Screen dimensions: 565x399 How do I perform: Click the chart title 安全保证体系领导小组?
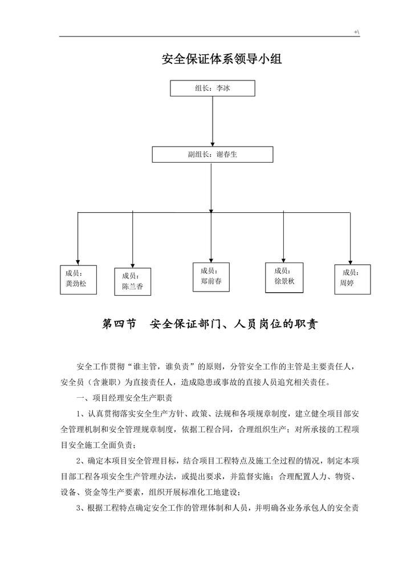pyautogui.click(x=222, y=59)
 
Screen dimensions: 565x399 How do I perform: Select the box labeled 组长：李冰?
pyautogui.click(x=212, y=88)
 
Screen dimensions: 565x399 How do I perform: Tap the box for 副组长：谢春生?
pyautogui.click(x=212, y=154)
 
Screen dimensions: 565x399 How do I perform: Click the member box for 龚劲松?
pyautogui.click(x=78, y=279)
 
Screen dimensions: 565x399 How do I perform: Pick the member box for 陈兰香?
pyautogui.click(x=132, y=281)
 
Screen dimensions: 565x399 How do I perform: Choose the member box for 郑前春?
pyautogui.click(x=211, y=277)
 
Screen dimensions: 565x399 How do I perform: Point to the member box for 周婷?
pyautogui.click(x=352, y=279)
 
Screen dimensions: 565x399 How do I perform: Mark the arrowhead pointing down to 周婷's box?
pyautogui.click(x=352, y=260)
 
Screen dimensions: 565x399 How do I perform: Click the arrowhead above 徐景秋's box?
pyautogui.click(x=283, y=258)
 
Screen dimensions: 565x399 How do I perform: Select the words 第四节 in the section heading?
pyautogui.click(x=119, y=324)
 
